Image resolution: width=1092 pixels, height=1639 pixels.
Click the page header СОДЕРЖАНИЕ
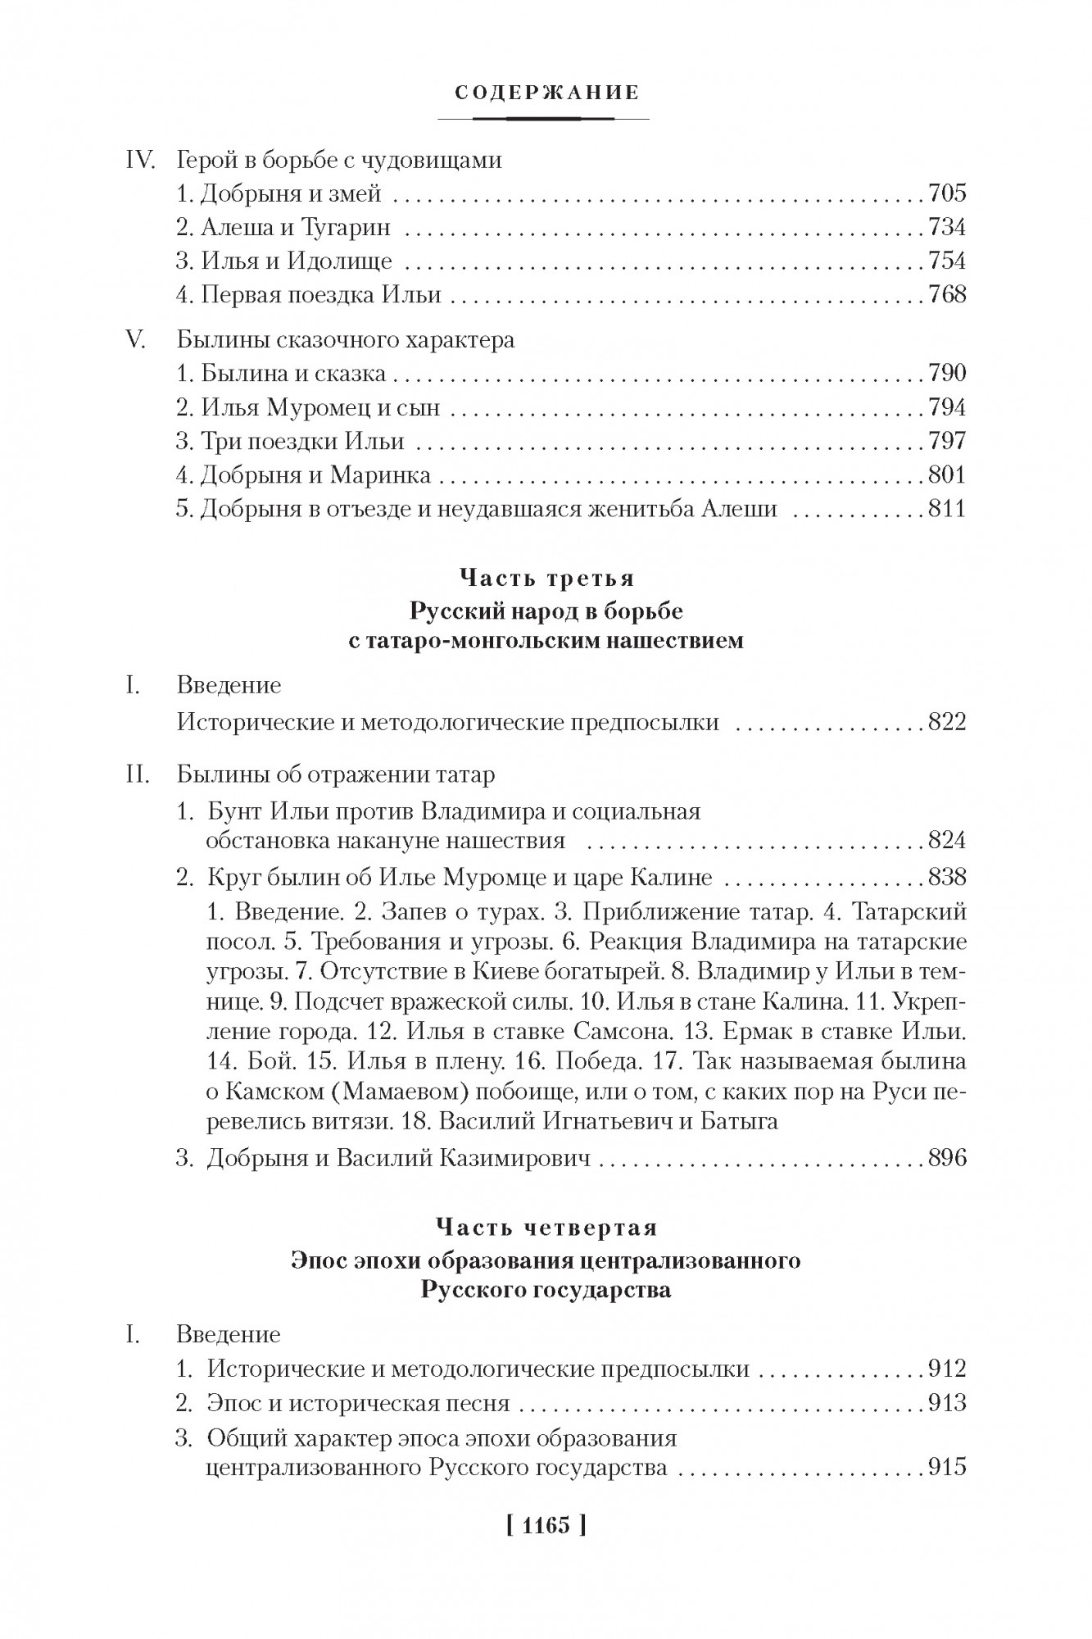(x=546, y=93)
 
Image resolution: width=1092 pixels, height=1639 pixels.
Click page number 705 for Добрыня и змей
(x=947, y=193)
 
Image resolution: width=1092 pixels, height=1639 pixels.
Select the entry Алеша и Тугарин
(x=283, y=227)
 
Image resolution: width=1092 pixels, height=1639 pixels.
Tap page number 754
(x=947, y=261)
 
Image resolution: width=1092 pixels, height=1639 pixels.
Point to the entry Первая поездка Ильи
(x=309, y=294)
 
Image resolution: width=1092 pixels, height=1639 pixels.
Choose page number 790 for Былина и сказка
(x=947, y=374)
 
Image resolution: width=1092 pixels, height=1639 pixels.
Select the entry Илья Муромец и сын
(x=308, y=407)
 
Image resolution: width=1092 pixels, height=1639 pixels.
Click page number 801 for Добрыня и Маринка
(x=947, y=474)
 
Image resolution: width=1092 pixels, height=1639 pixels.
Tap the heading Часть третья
(x=546, y=579)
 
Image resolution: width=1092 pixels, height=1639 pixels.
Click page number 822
(x=947, y=722)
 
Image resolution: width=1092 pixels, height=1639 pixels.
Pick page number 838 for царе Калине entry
(x=947, y=878)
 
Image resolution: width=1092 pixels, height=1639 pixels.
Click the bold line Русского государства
(x=546, y=1290)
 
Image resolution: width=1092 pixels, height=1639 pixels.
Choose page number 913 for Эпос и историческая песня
(x=947, y=1403)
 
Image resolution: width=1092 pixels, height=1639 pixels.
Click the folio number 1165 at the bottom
(x=546, y=1526)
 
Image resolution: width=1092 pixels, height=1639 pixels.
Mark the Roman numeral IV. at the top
(x=140, y=160)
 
